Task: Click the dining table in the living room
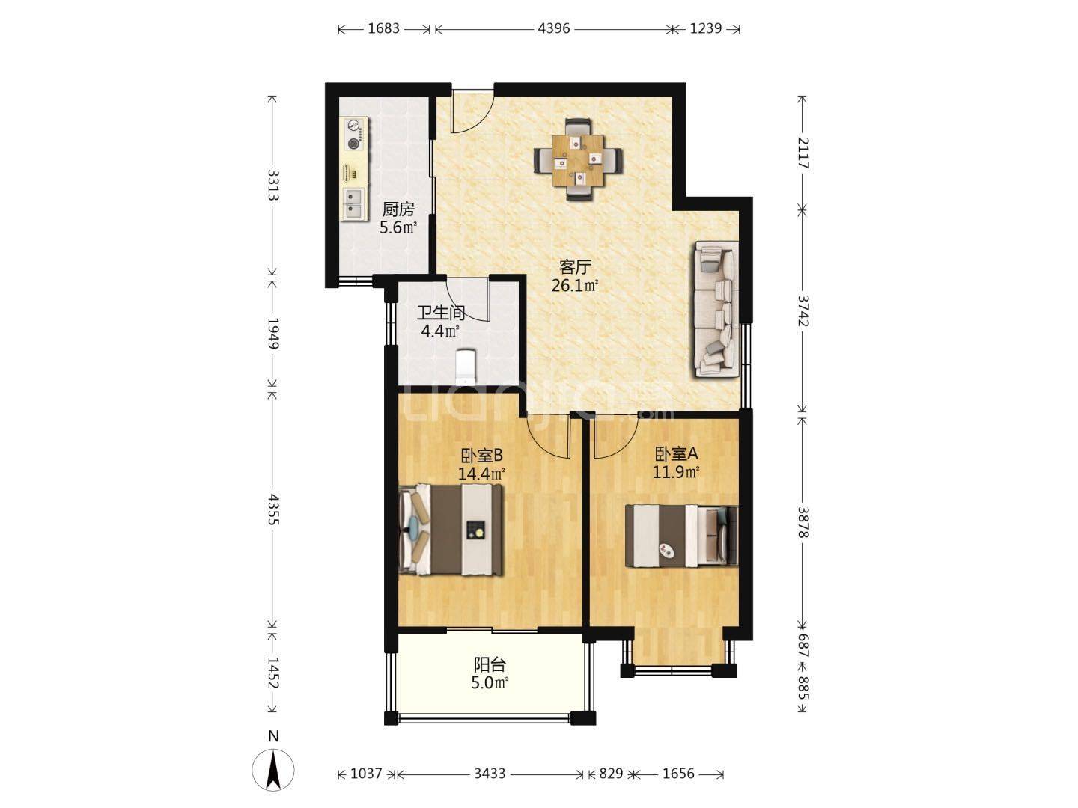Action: pyautogui.click(x=578, y=159)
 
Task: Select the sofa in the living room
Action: pyautogui.click(x=716, y=310)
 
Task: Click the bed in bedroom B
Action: pyautogui.click(x=451, y=530)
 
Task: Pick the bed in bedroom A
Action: pyautogui.click(x=681, y=536)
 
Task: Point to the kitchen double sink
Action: pyautogui.click(x=353, y=203)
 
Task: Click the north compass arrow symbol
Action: pyautogui.click(x=273, y=768)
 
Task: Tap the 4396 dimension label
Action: pyautogui.click(x=553, y=28)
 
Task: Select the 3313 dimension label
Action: pyautogui.click(x=273, y=185)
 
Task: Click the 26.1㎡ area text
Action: pyautogui.click(x=575, y=286)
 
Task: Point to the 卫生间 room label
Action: pyautogui.click(x=440, y=313)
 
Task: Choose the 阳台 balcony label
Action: pyautogui.click(x=490, y=665)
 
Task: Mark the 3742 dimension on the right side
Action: pyautogui.click(x=803, y=310)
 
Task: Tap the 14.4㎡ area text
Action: pyautogui.click(x=481, y=474)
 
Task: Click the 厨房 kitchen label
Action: pyautogui.click(x=398, y=209)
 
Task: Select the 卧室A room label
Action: pyautogui.click(x=676, y=454)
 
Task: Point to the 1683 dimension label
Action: pyautogui.click(x=383, y=28)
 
